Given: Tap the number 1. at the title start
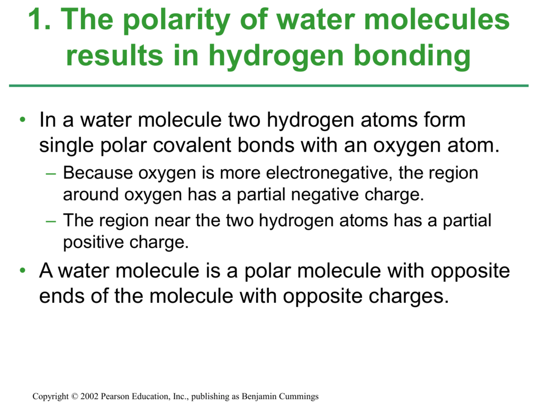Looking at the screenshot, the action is [39, 19].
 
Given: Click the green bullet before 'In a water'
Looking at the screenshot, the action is [23, 120].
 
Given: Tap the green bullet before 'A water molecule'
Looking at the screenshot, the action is [23, 270].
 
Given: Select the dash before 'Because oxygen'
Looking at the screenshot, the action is [51, 173].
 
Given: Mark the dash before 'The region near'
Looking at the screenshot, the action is [51, 220].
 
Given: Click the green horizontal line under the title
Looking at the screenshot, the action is [269, 86].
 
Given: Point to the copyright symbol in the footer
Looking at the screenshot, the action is [74, 396].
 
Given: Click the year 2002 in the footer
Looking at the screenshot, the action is [89, 396].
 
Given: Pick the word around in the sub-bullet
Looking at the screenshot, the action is [91, 195].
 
